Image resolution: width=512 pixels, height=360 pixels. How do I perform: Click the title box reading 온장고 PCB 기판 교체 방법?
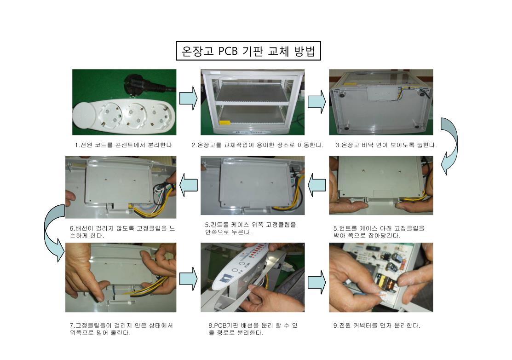click(248, 51)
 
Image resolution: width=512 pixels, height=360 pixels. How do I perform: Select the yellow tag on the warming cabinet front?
click(224, 123)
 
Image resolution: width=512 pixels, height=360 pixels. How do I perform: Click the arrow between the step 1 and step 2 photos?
click(189, 99)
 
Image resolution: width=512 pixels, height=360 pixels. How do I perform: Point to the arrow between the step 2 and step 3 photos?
click(317, 102)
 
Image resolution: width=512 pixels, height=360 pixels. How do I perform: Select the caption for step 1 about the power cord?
click(123, 145)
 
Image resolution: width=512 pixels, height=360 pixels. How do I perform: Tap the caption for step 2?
click(257, 145)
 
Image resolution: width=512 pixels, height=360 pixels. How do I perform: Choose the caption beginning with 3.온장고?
click(386, 145)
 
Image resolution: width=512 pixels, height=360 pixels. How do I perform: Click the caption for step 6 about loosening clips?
click(122, 232)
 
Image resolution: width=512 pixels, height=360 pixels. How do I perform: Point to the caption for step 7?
click(121, 329)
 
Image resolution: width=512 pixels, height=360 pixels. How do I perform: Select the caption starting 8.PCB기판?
click(253, 329)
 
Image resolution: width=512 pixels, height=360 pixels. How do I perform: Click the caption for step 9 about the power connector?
click(377, 325)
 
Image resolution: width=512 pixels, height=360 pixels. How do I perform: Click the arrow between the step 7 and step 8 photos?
click(189, 279)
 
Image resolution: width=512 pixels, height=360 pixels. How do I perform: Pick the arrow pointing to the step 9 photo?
click(317, 282)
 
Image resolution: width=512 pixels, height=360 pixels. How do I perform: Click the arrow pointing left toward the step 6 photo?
click(189, 185)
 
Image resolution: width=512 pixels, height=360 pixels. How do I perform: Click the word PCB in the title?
click(228, 51)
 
